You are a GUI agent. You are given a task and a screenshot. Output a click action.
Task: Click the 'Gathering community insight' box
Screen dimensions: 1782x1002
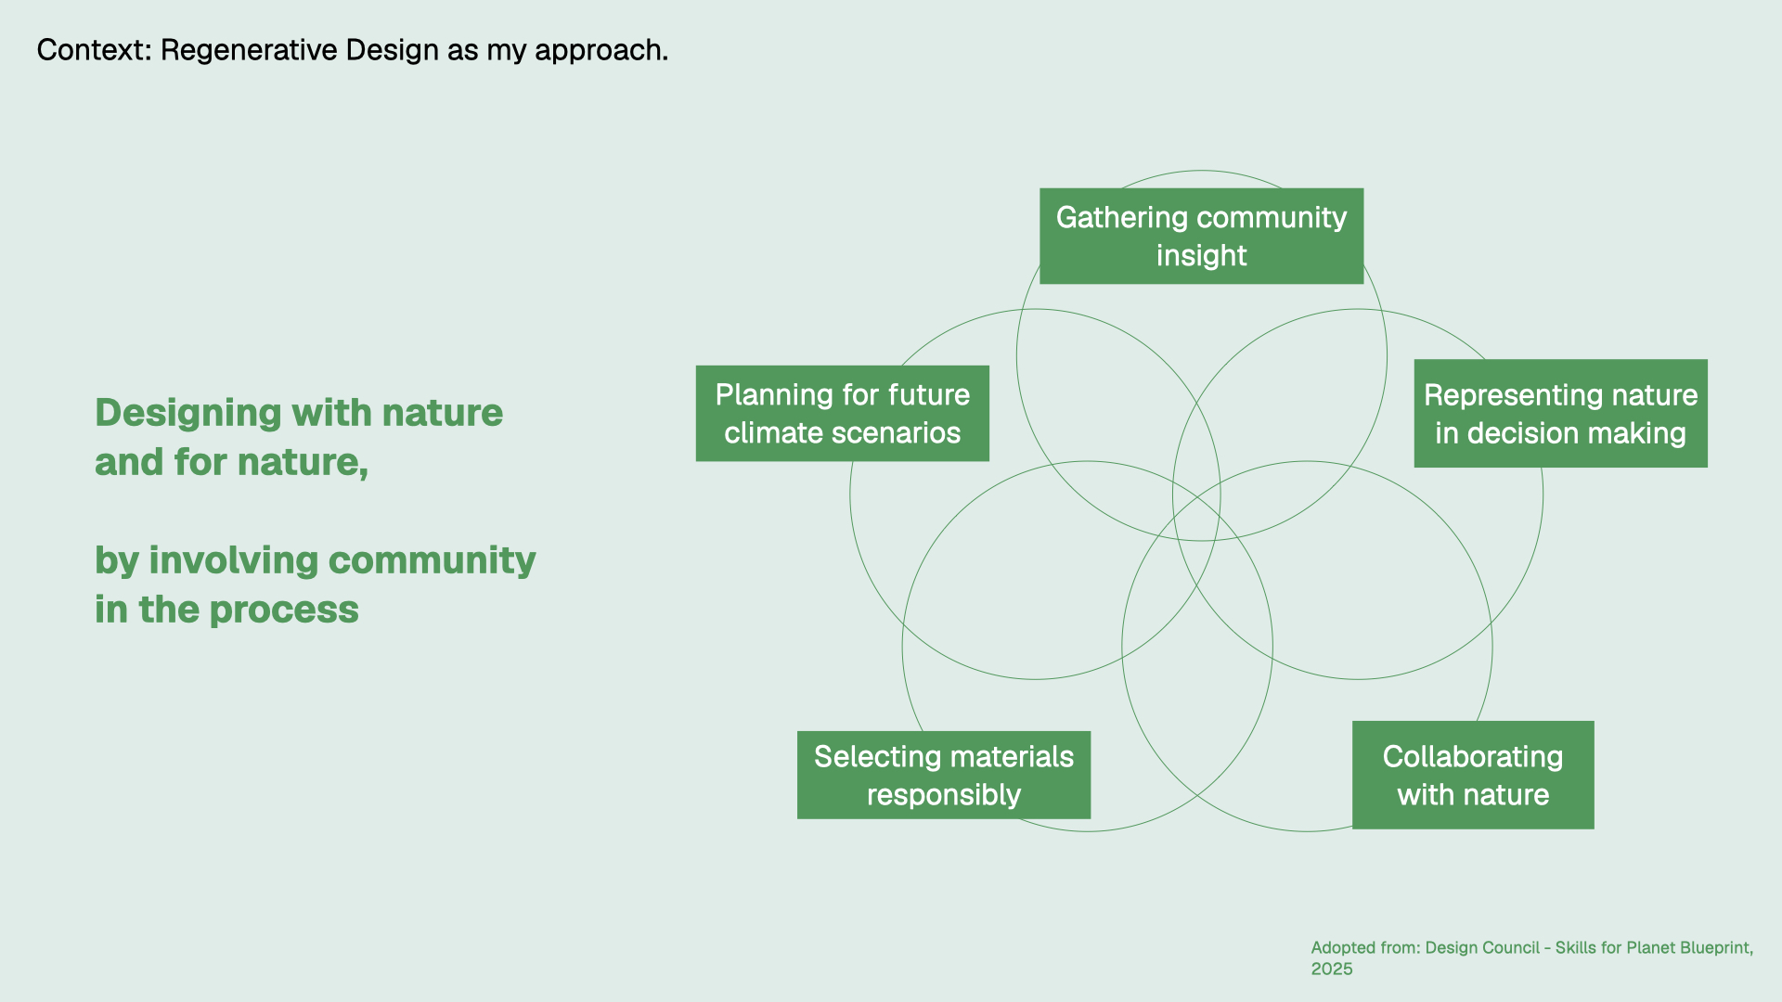point(1201,236)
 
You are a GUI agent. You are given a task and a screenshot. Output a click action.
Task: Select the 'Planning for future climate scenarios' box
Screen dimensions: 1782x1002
point(843,413)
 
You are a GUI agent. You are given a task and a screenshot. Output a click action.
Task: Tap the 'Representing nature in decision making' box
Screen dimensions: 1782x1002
point(1560,413)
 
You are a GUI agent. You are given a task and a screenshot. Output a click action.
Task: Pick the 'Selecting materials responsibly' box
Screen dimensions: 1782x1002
point(944,775)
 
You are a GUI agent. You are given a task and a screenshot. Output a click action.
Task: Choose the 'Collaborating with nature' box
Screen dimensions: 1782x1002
point(1473,775)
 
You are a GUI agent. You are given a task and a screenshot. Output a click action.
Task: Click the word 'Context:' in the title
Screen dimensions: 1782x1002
point(94,50)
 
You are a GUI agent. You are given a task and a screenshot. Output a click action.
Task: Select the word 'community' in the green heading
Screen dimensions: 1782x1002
point(433,561)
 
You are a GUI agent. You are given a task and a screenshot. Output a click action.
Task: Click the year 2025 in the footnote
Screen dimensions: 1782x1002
point(1332,969)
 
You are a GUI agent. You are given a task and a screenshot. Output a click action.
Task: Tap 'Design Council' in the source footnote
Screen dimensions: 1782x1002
point(1482,947)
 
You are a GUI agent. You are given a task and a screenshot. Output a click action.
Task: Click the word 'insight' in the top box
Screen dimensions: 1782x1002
point(1201,255)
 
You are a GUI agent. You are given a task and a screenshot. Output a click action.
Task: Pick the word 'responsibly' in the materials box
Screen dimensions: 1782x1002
point(944,795)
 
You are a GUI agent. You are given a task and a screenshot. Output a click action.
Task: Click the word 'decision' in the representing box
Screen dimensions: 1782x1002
point(1529,433)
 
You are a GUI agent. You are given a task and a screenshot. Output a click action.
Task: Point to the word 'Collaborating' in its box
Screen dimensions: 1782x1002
point(1473,757)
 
